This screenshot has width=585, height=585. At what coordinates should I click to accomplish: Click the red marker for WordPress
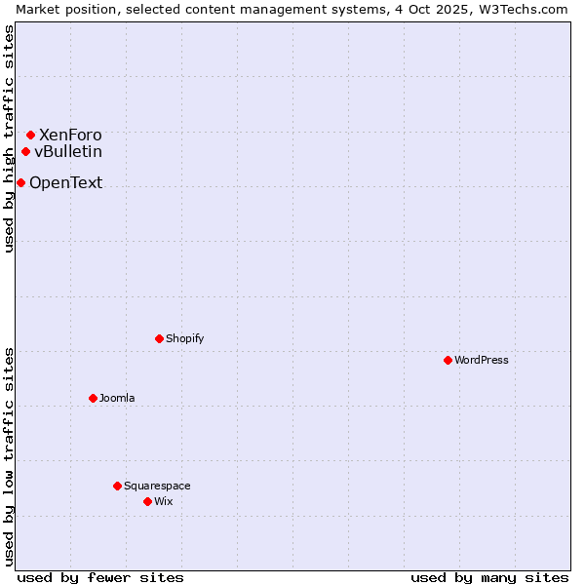tap(448, 360)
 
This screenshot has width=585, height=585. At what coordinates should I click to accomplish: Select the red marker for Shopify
tap(159, 338)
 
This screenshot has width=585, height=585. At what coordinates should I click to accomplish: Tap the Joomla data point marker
tap(93, 398)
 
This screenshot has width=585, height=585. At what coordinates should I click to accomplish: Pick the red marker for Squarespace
tap(117, 486)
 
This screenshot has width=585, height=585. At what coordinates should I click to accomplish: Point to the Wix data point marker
tap(147, 501)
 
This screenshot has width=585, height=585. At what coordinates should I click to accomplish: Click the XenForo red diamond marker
tap(30, 135)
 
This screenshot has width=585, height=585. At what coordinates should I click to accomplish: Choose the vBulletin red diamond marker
tap(25, 151)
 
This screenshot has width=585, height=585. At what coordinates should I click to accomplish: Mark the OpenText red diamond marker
tap(20, 182)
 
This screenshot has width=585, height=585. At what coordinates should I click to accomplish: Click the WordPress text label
tap(482, 360)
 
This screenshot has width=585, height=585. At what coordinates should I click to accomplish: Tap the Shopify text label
tap(185, 338)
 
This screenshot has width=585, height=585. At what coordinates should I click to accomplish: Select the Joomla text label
tap(117, 398)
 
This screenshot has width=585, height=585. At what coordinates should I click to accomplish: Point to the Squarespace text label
tap(157, 486)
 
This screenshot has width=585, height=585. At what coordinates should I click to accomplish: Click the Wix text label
tap(163, 501)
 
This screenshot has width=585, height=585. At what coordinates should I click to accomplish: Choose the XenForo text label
tap(70, 135)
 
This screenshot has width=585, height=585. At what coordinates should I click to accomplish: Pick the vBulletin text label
tap(68, 151)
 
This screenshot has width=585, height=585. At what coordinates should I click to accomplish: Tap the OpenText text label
tap(65, 182)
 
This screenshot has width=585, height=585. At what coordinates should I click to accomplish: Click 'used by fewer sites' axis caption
tap(100, 577)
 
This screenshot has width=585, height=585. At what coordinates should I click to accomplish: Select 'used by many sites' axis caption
tap(489, 577)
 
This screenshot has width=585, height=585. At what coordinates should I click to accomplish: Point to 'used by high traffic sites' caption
tap(9, 138)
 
